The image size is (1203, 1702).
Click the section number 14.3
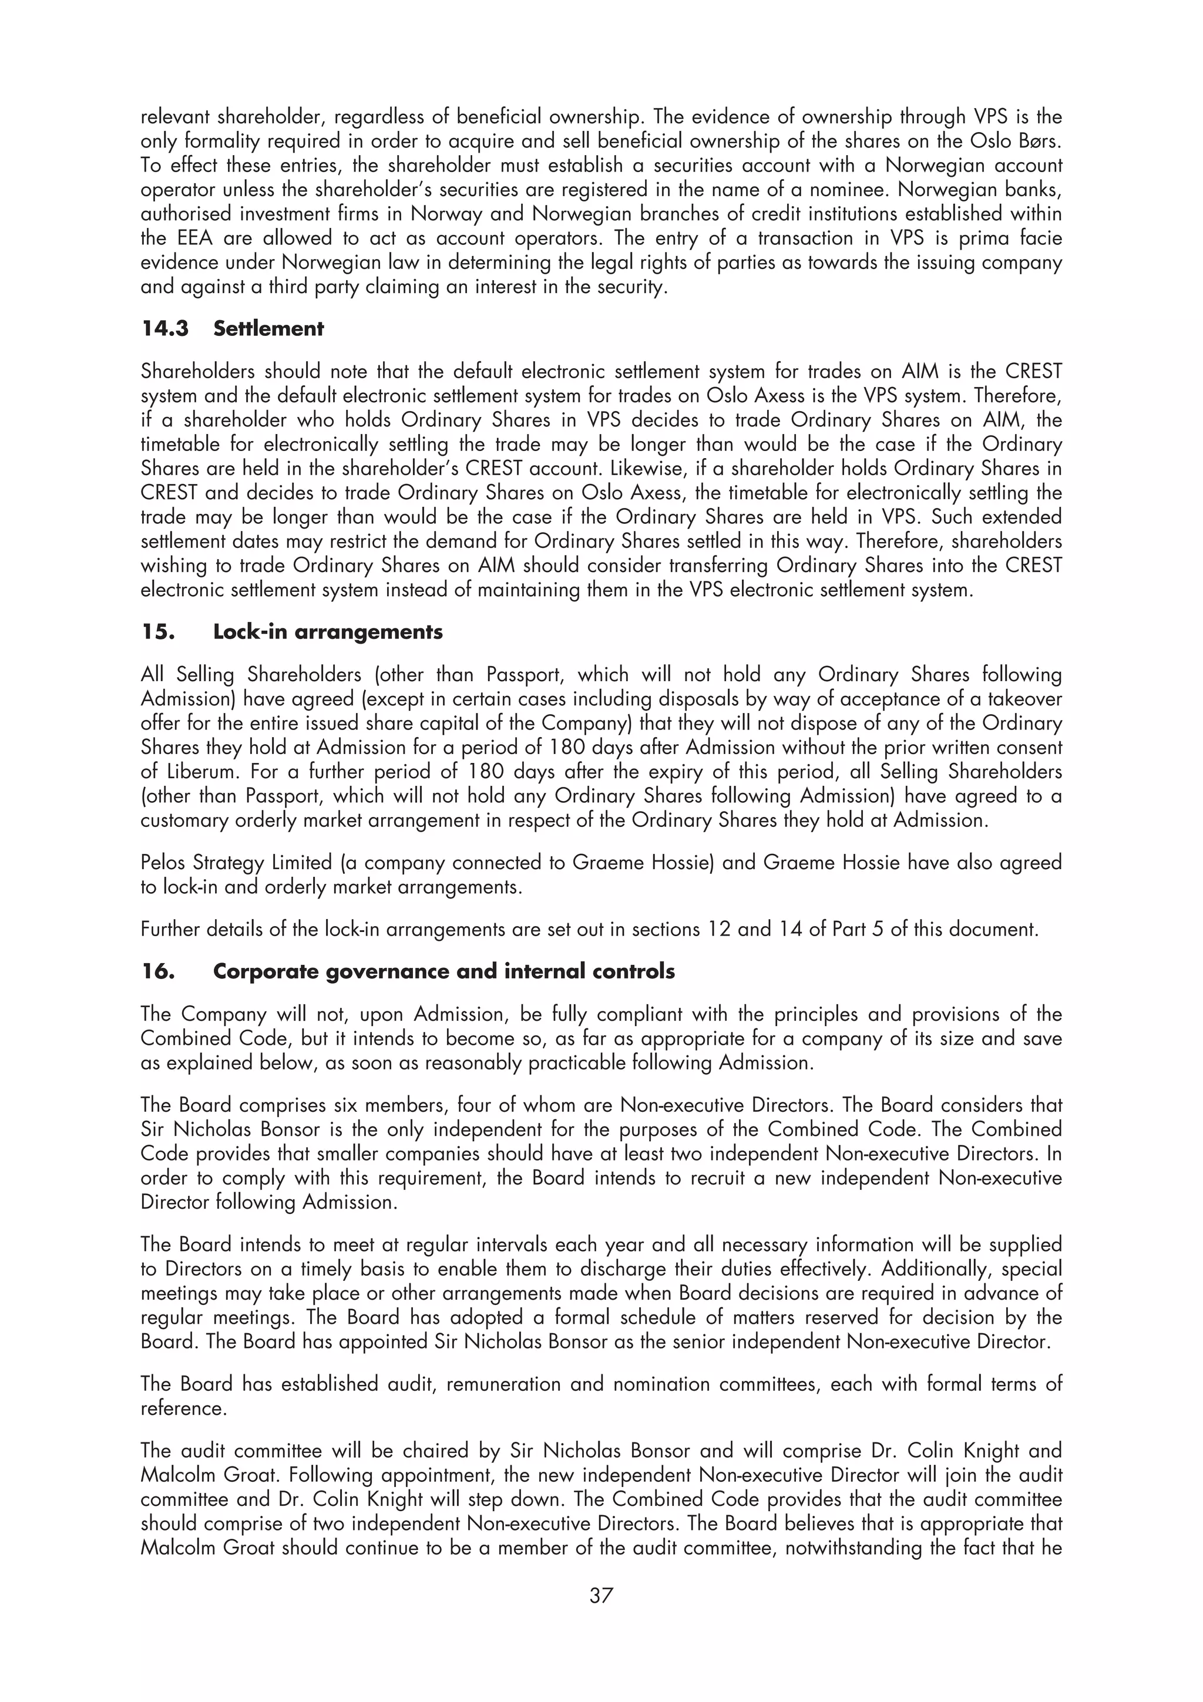tap(165, 328)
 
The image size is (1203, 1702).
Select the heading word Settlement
tap(268, 328)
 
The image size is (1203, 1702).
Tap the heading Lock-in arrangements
tap(328, 631)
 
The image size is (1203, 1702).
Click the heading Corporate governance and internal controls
tap(443, 971)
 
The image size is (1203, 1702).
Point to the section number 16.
tap(158, 971)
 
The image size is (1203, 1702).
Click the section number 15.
tap(158, 631)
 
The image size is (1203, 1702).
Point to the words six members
tap(388, 1105)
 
